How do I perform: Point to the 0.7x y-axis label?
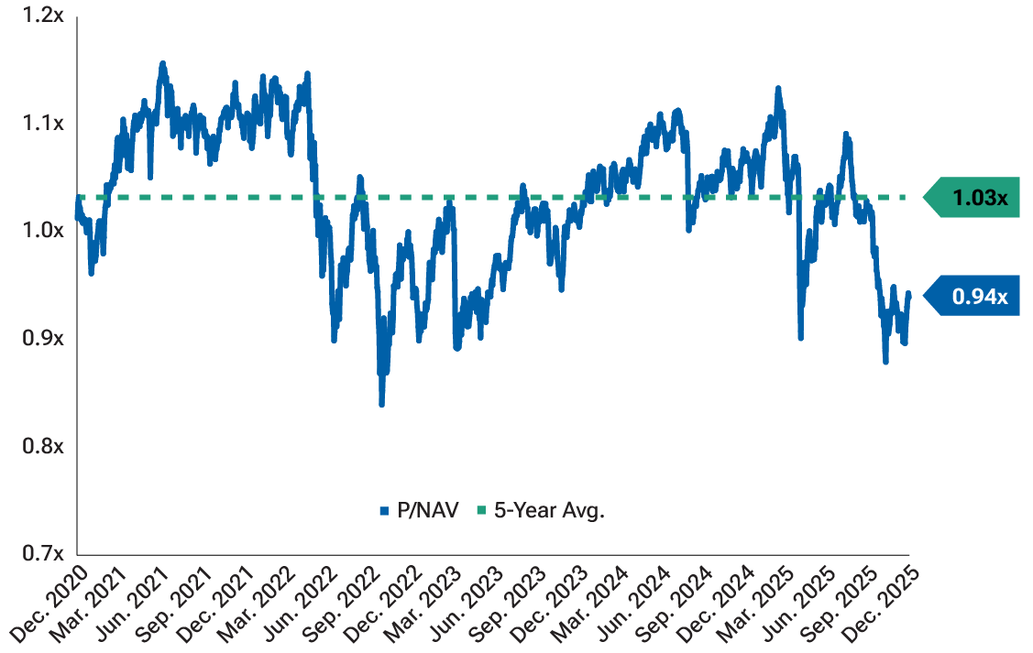coord(44,553)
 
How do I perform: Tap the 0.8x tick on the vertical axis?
coord(44,446)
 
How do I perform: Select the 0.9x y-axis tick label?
coord(44,338)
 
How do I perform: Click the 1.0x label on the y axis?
coord(44,230)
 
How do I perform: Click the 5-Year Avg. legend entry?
coord(542,511)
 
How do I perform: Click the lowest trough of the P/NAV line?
coord(381,404)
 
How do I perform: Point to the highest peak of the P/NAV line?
coord(162,63)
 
